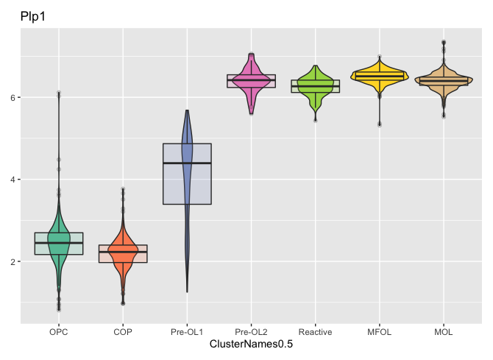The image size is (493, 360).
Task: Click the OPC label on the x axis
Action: click(59, 332)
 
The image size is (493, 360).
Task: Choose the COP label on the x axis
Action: click(123, 332)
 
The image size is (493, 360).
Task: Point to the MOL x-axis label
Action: click(444, 332)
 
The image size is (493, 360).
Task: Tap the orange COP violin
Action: click(123, 254)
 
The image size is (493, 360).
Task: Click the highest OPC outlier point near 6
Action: click(59, 93)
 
